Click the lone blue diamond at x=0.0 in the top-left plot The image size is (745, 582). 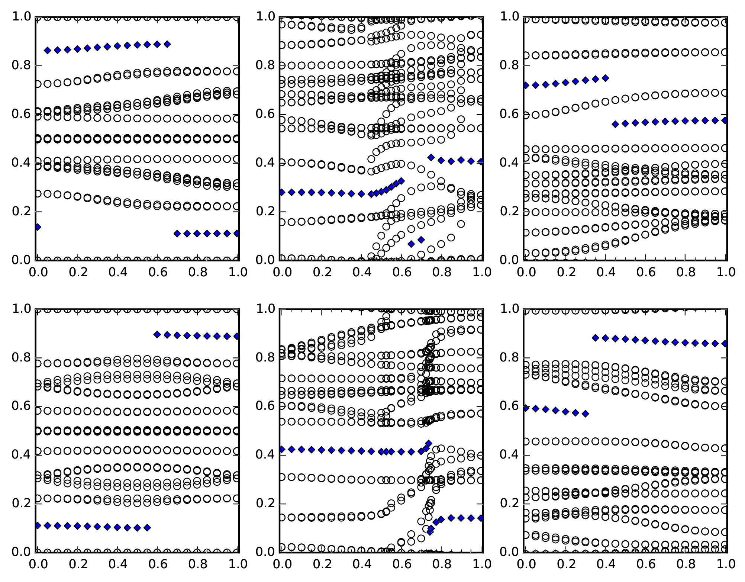(38, 227)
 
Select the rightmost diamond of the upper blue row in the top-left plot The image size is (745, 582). (167, 44)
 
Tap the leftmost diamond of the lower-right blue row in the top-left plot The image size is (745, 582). (177, 234)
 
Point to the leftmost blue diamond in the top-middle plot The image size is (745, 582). (282, 192)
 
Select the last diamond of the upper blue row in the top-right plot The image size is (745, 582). (606, 78)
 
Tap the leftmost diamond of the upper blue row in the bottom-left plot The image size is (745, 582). (157, 334)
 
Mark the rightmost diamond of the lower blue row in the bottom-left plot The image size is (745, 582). (147, 527)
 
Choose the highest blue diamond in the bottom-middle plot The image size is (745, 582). (429, 443)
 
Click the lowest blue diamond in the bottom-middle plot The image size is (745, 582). (430, 532)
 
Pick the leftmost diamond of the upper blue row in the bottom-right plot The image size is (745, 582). (595, 338)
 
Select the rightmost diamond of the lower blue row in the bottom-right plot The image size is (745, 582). (586, 414)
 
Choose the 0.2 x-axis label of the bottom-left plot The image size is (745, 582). (78, 564)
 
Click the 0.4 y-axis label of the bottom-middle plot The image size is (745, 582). (265, 455)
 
